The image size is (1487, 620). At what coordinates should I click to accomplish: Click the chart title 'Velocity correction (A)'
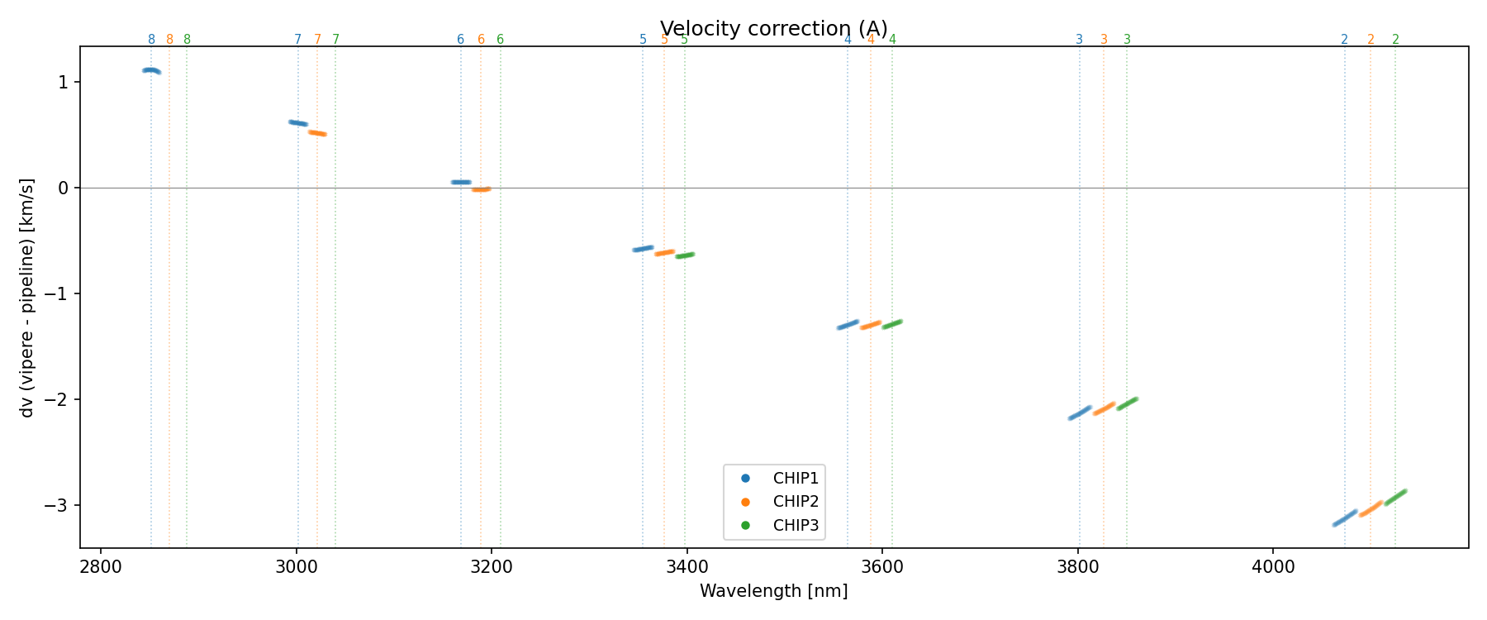773,29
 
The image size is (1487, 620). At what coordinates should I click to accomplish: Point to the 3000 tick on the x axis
296,567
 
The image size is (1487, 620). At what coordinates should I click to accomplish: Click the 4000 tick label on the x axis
1272,567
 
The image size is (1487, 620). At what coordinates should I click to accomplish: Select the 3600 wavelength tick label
881,567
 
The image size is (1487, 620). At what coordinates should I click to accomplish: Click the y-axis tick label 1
64,82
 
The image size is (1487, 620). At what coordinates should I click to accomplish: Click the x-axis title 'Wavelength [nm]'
773,591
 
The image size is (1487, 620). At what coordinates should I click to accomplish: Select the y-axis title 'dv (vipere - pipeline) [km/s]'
27,297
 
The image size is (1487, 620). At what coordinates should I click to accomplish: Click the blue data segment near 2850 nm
151,71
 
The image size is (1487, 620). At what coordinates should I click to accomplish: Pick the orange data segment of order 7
317,132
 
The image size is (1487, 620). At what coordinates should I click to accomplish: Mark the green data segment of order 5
685,255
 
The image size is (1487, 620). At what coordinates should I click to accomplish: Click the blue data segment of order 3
1080,413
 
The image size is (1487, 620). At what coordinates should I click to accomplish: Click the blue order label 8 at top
151,40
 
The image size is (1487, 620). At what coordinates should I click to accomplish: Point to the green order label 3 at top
1127,40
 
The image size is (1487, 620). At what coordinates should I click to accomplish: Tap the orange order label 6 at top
481,40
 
